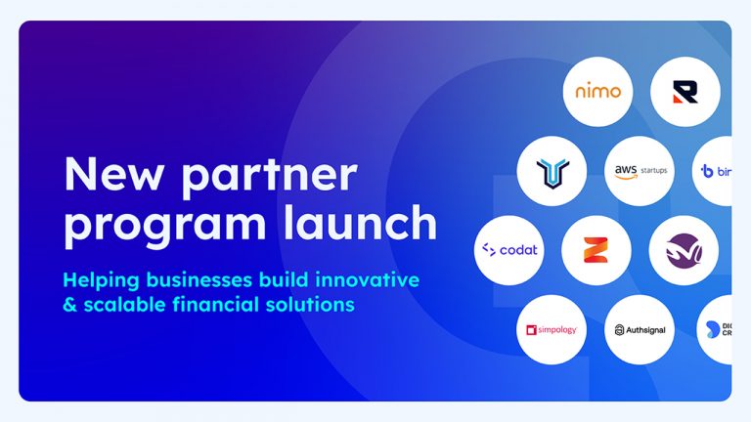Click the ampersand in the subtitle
click(68, 305)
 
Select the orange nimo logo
click(597, 91)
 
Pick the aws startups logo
click(641, 170)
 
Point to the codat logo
click(509, 250)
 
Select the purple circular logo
click(684, 250)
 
